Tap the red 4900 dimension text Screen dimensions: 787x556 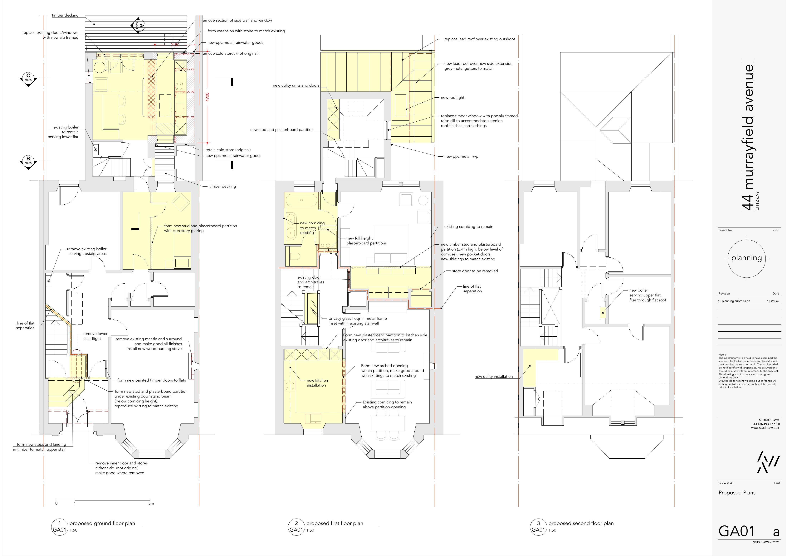[207, 97]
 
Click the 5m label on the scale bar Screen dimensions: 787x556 [151, 503]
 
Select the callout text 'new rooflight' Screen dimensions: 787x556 [452, 97]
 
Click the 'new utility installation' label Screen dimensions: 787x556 [494, 376]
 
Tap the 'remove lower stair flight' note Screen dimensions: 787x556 [95, 336]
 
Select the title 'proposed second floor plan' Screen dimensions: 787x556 [581, 523]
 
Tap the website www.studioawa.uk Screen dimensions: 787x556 [765, 428]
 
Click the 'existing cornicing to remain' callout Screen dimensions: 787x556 [469, 227]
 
